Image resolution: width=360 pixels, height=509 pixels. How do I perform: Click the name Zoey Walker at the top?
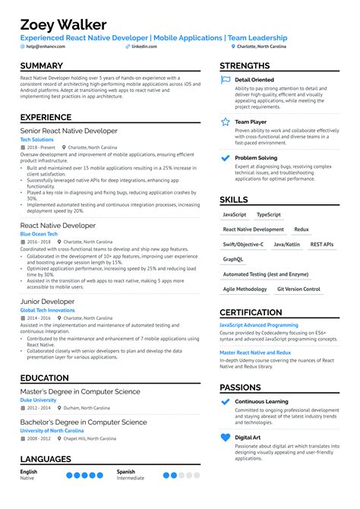[63, 24]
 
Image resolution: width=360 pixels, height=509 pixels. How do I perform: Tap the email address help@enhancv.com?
[45, 46]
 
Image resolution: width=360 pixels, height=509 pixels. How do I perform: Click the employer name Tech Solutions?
[36, 140]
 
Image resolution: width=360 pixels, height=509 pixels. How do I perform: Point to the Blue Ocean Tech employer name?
[39, 234]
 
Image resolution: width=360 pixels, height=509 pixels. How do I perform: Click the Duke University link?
[38, 399]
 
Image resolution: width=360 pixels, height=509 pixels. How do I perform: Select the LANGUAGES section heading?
[46, 459]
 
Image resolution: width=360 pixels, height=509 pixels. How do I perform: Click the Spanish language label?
[126, 471]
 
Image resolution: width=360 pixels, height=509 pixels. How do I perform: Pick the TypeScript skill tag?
[269, 215]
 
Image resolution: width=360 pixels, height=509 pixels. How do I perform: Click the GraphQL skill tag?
[233, 259]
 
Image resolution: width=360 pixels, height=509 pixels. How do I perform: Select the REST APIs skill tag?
[322, 245]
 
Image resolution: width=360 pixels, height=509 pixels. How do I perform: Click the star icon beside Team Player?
[225, 122]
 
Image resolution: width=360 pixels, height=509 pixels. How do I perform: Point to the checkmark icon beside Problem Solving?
[225, 158]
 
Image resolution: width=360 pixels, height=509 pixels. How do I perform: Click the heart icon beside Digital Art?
[225, 438]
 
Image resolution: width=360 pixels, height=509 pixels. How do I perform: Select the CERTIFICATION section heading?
[261, 312]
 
